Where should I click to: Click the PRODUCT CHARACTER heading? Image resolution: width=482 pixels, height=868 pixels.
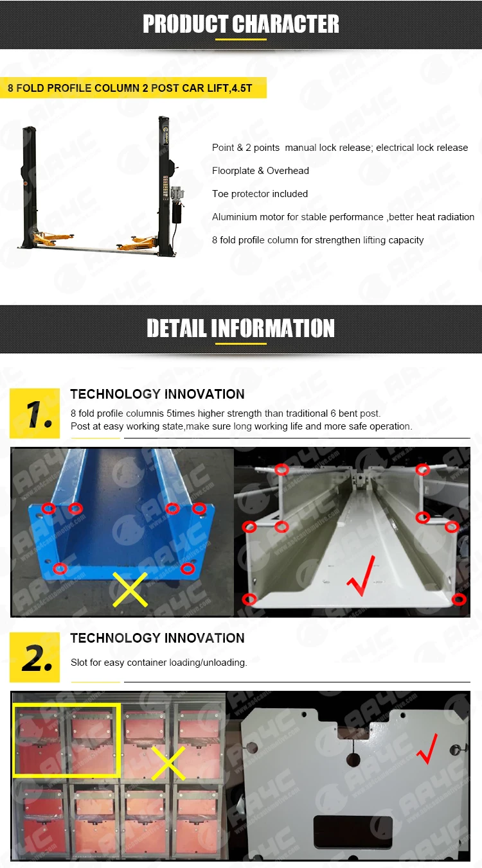tap(241, 24)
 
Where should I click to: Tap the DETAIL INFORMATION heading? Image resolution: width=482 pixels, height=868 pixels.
tap(240, 328)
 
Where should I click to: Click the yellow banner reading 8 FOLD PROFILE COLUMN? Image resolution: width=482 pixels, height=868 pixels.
tap(133, 88)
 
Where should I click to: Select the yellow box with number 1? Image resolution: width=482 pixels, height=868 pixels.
tap(35, 413)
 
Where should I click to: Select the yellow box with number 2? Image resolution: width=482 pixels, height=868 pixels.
tap(35, 657)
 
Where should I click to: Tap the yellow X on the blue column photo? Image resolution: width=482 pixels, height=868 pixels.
tap(130, 589)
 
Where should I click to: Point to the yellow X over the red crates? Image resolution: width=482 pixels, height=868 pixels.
tap(168, 763)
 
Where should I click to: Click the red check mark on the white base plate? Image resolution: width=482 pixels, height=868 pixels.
tap(427, 749)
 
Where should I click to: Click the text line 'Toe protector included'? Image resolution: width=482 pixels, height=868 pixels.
tap(260, 194)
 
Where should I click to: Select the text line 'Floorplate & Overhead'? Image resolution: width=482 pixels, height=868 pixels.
tap(260, 171)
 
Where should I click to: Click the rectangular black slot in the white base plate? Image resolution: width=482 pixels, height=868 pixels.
tap(352, 831)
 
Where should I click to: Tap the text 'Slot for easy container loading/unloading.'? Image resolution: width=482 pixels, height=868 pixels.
tap(159, 663)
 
